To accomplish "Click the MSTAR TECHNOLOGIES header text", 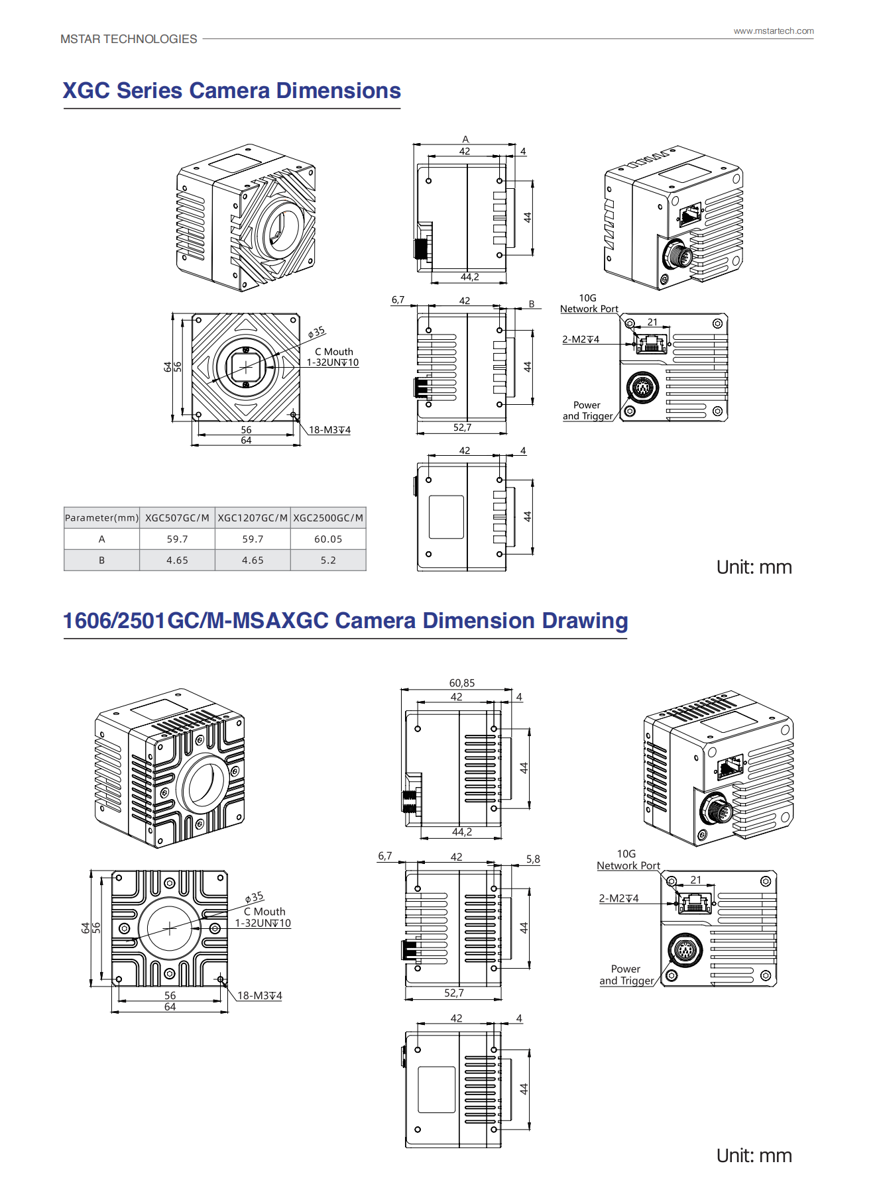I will coord(129,39).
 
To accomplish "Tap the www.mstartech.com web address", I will coord(773,31).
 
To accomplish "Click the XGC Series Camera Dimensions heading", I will coord(231,91).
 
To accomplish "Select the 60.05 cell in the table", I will coord(328,539).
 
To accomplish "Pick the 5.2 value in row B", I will coord(328,561).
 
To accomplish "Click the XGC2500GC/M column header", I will coord(328,518).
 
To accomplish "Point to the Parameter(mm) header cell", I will coord(101,518).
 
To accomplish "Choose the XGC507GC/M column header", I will coord(177,518).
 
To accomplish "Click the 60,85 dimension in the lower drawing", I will coord(462,683).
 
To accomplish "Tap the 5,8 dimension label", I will coord(533,859).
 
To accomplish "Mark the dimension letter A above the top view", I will coord(465,139).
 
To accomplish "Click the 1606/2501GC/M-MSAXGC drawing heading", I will coord(345,621).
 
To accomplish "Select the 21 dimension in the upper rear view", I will coord(652,322).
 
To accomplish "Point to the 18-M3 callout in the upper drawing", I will coord(329,430).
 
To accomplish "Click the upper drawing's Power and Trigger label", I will coord(587,411).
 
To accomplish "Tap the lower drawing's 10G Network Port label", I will coord(628,860).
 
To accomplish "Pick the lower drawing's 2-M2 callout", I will coord(618,898).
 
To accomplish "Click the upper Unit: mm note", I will coord(754,567).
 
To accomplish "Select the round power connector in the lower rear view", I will coord(685,951).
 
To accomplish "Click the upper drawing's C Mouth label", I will coord(333,352).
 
